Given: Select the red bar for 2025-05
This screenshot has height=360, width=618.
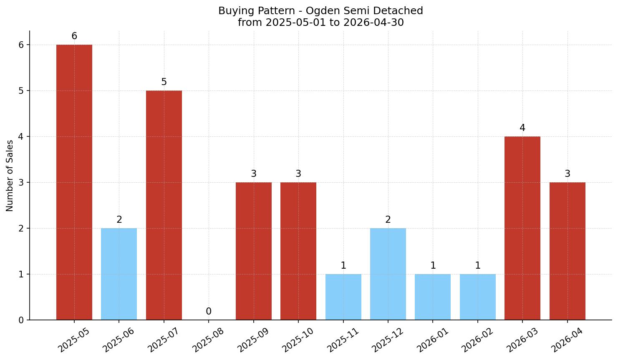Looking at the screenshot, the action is coord(74,182).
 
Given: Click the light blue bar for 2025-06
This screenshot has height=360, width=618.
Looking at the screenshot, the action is coord(119,274).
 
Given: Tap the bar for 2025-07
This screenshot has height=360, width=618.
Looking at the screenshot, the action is coord(164,205).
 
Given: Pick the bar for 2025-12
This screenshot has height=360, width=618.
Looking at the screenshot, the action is coord(388,274).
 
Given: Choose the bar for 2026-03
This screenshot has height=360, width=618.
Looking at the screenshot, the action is coord(522,228).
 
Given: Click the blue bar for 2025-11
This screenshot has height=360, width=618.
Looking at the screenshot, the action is coord(343,297).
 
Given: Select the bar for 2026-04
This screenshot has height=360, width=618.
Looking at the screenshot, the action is coord(567,251).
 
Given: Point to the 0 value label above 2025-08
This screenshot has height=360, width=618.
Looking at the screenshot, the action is coord(209,311).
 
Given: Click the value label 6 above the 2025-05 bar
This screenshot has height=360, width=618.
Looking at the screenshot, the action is coord(74,36).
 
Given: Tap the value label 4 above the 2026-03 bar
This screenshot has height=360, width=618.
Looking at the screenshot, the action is coord(522,128).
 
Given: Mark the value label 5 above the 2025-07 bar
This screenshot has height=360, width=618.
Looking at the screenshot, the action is coord(164,82).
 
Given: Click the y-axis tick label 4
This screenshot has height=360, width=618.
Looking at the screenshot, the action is coord(21,137).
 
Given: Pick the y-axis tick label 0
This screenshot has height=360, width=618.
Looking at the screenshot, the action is coord(21,320).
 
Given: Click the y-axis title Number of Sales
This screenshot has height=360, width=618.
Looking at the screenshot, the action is coord(9,176).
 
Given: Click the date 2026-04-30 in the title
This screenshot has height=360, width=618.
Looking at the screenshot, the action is coord(373,23).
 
